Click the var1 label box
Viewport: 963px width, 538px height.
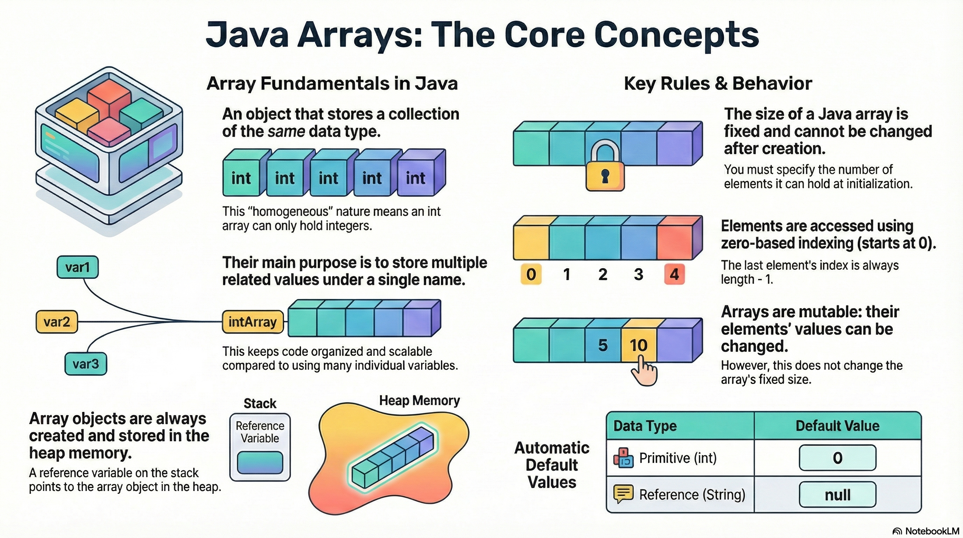[x=77, y=267]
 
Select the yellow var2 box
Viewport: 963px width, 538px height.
[x=56, y=322]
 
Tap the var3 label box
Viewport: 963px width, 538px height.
[x=86, y=364]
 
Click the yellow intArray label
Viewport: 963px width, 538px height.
[x=253, y=322]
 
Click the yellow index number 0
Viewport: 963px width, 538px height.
[x=531, y=274]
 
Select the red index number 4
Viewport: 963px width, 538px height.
[x=674, y=274]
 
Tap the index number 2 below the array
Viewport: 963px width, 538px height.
[x=603, y=274]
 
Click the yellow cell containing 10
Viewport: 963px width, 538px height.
[x=639, y=345]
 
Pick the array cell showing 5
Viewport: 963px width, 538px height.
[x=603, y=345]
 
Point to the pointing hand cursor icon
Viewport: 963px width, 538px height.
[x=644, y=371]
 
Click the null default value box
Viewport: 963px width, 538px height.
[x=837, y=495]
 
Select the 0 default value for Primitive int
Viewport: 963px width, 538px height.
[x=837, y=457]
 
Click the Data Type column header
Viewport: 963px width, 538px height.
[x=645, y=426]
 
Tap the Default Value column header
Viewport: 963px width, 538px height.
[x=837, y=426]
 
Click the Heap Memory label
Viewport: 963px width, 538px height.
[x=420, y=401]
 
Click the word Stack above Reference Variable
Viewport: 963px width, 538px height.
[x=260, y=403]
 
